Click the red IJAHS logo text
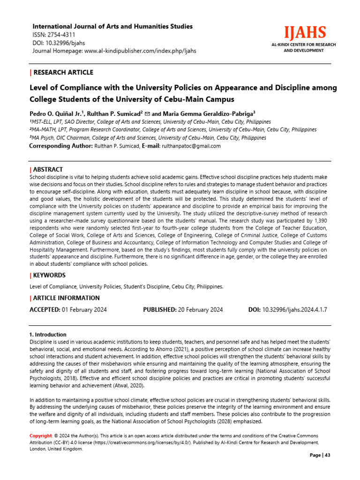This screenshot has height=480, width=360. (x=303, y=33)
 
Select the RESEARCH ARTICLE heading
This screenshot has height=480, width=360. (x=63, y=72)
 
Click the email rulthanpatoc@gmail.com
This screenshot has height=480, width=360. (x=191, y=146)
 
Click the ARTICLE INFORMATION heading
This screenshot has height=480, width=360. (x=66, y=298)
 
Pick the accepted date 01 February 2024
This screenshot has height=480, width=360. (x=84, y=310)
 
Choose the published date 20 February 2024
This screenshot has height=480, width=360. (x=200, y=310)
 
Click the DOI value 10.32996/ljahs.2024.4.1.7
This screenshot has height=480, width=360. (x=295, y=310)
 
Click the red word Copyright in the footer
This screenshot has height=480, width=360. (x=41, y=436)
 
